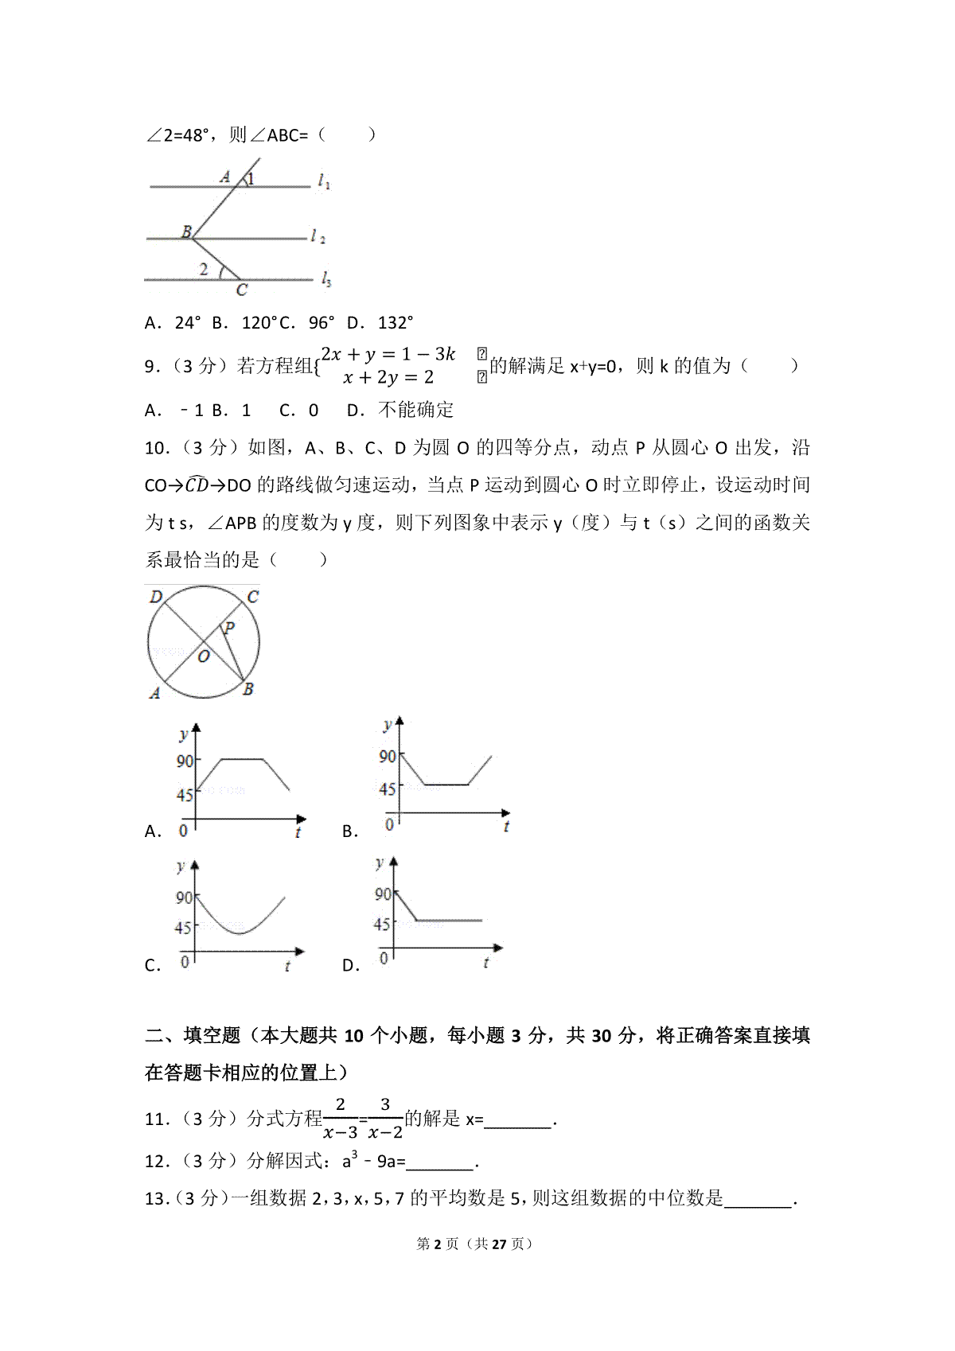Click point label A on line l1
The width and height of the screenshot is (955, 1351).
click(225, 177)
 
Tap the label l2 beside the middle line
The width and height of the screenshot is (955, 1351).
click(318, 236)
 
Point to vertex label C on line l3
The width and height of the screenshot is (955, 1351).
click(241, 290)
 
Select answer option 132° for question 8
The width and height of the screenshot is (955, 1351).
click(396, 323)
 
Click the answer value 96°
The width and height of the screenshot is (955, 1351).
click(322, 323)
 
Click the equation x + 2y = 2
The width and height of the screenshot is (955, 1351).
click(388, 378)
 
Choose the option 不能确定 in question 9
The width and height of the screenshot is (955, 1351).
click(415, 411)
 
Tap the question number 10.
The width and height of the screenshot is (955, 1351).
click(158, 449)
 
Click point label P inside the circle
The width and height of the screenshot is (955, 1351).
click(229, 629)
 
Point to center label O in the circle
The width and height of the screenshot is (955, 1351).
click(204, 657)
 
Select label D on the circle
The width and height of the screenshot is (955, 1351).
click(156, 597)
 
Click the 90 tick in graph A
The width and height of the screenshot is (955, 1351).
click(185, 761)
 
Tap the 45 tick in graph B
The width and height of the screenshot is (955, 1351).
click(387, 789)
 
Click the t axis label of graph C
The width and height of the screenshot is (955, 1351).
click(287, 966)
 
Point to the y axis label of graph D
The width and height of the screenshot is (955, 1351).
click(380, 862)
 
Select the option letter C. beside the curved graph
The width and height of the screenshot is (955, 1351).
click(153, 966)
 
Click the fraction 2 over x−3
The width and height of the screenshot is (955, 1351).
click(341, 1119)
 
